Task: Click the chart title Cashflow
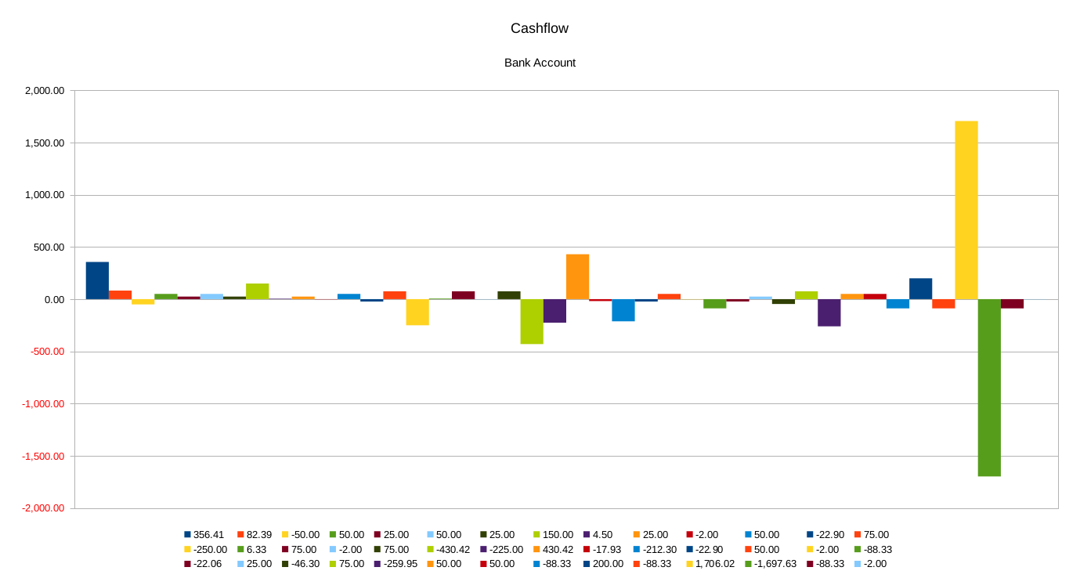pyautogui.click(x=540, y=28)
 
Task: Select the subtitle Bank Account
pyautogui.click(x=540, y=63)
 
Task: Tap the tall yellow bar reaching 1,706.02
pyautogui.click(x=966, y=210)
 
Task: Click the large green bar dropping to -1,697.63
pyautogui.click(x=989, y=388)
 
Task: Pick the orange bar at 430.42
pyautogui.click(x=577, y=276)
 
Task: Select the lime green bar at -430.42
pyautogui.click(x=532, y=321)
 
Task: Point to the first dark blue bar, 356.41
pyautogui.click(x=97, y=280)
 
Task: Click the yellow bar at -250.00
pyautogui.click(x=417, y=312)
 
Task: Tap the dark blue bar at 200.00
pyautogui.click(x=920, y=289)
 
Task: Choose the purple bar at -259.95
pyautogui.click(x=829, y=312)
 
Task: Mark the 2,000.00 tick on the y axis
pyautogui.click(x=45, y=91)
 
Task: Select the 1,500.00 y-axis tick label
pyautogui.click(x=45, y=143)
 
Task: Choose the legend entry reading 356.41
pyautogui.click(x=207, y=535)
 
